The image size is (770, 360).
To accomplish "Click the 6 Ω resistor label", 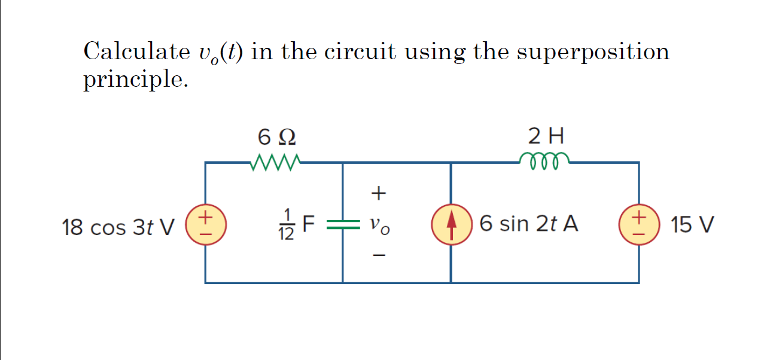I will (x=276, y=138).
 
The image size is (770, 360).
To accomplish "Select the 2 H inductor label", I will (x=546, y=137).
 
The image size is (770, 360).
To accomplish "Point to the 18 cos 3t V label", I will (x=118, y=227).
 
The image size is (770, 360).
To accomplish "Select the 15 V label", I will (x=692, y=225).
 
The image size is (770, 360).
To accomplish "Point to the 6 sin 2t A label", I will (x=529, y=224).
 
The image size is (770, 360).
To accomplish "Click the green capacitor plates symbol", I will (x=342, y=224).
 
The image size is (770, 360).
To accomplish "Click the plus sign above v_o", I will (x=379, y=193).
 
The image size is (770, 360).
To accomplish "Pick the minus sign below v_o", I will (x=379, y=256).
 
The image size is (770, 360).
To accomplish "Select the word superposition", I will (x=593, y=53).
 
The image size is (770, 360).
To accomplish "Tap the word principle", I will (x=135, y=80).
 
